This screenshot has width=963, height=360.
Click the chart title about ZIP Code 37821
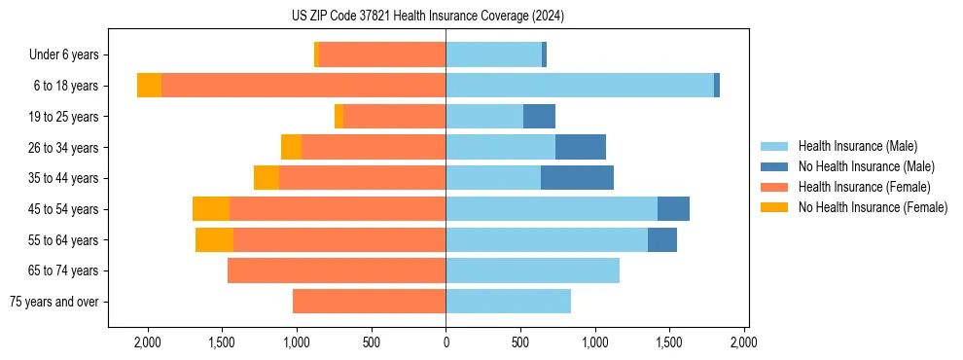pos(427,17)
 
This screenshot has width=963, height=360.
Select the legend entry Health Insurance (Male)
pos(857,146)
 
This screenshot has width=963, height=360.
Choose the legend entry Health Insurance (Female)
pos(864,187)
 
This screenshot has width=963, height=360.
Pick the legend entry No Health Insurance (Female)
pos(873,207)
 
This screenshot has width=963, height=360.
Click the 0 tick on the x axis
pos(446,342)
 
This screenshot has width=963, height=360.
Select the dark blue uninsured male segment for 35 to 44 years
pos(577,178)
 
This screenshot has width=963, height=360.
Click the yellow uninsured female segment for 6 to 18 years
pos(149,86)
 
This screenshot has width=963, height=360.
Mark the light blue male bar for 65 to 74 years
pos(532,270)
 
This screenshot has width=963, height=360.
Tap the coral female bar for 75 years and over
pos(369,302)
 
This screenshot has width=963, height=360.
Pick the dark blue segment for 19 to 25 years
pos(539,117)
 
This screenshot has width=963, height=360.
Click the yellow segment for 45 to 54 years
pos(211,209)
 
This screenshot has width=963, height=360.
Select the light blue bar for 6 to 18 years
pos(580,86)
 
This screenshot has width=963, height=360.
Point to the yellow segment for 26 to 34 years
pos(291,147)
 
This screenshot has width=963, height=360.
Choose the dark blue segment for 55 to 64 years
pos(662,239)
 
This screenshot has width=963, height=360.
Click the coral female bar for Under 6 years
pos(382,55)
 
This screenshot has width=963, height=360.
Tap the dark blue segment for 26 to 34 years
pos(581,147)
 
